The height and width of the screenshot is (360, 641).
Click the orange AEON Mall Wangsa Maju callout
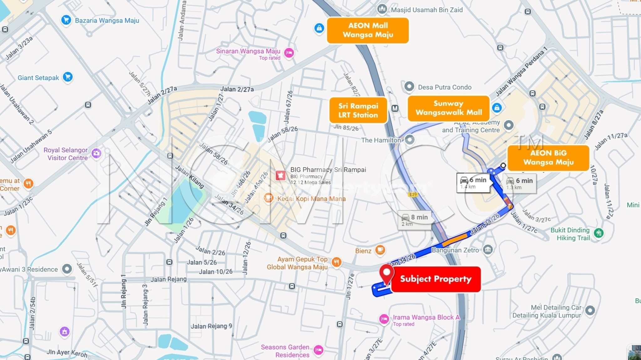[368, 30]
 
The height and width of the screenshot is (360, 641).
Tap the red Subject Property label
[436, 279]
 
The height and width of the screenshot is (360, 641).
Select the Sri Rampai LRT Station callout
[358, 110]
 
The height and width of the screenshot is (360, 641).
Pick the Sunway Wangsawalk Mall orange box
[449, 108]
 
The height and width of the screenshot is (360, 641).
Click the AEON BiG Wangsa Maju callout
[548, 158]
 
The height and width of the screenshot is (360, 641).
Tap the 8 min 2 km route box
[415, 220]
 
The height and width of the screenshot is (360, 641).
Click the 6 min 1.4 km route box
[473, 183]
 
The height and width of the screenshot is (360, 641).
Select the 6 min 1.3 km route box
[520, 183]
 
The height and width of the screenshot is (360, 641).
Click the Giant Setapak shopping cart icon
[68, 77]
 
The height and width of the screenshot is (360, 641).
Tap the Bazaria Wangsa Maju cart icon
[66, 20]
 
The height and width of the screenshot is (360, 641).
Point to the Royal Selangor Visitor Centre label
[66, 154]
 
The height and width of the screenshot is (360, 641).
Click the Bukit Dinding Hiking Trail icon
[599, 233]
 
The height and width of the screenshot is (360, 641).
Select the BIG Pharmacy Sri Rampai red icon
[280, 175]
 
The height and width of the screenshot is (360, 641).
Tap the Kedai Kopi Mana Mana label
[311, 199]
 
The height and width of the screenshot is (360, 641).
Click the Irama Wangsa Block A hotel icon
[384, 319]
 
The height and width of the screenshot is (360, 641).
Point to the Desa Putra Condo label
[444, 87]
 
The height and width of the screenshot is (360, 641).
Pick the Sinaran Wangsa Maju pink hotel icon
[289, 53]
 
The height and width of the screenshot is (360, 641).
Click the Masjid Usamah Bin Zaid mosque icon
[382, 9]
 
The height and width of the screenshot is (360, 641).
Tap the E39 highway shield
[413, 195]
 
